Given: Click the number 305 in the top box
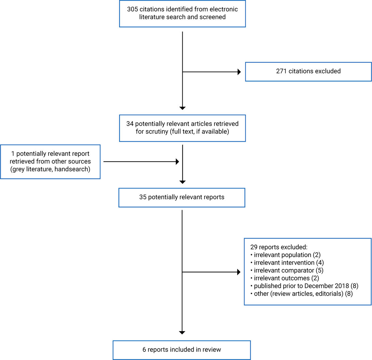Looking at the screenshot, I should click(132, 9).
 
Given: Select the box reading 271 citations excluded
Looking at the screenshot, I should click(308, 71).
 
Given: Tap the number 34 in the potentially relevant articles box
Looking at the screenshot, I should click(130, 124).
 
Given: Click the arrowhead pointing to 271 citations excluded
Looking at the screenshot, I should click(239, 72).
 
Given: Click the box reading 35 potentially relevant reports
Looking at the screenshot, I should click(182, 197).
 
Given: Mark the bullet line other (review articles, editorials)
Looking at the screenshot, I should click(303, 294).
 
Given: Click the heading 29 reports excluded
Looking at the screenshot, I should click(279, 247).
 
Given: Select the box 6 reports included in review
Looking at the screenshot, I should click(182, 350).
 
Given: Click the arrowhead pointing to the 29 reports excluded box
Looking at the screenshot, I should click(239, 272).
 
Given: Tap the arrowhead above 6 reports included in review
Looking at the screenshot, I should click(182, 333).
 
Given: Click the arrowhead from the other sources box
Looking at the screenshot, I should click(177, 162).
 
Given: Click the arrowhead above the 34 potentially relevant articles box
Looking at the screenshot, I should click(182, 108).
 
